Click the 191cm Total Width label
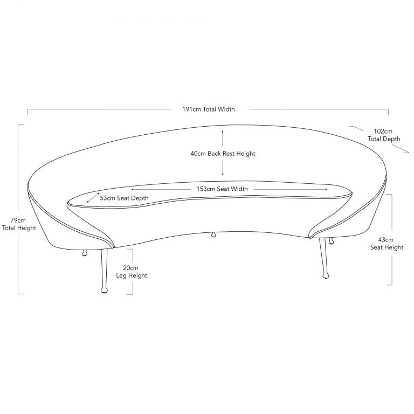[x=208, y=109]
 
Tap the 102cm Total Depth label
[x=384, y=135]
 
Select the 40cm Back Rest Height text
[x=223, y=154]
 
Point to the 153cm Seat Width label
[x=222, y=189]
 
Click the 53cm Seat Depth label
[x=124, y=198]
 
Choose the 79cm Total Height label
[x=19, y=224]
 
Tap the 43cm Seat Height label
[x=387, y=244]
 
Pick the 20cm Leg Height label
[x=132, y=272]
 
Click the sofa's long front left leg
[x=104, y=271]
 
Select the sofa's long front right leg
[x=323, y=258]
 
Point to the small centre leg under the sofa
[x=213, y=234]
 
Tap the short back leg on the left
[x=85, y=253]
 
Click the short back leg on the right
[x=330, y=240]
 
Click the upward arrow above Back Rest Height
[x=223, y=138]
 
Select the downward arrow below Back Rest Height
[x=223, y=168]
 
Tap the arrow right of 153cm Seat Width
[x=291, y=189]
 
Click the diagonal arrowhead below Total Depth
[x=401, y=149]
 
